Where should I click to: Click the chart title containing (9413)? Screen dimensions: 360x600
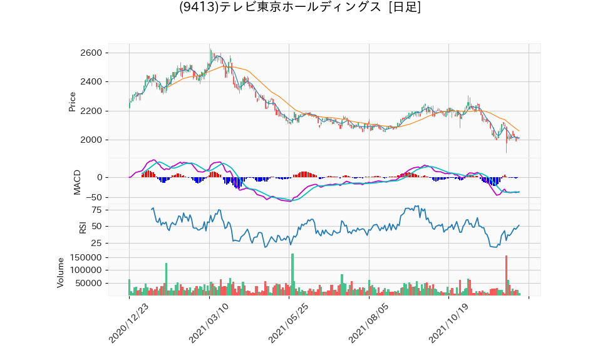(300, 8)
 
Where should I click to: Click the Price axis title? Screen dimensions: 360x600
(72, 102)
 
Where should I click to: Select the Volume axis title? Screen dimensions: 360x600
(61, 272)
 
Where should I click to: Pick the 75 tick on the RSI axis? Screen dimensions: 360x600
(98, 210)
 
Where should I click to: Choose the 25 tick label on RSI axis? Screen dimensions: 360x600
(98, 244)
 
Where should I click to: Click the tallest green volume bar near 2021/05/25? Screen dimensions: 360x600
(292, 274)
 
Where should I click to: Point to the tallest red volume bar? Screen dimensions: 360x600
(506, 275)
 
